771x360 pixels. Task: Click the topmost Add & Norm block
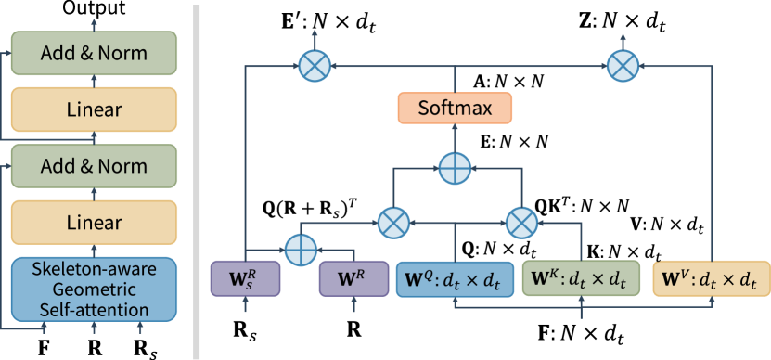point(93,53)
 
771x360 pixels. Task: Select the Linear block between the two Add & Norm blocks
point(93,109)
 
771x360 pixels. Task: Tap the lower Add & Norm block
point(93,166)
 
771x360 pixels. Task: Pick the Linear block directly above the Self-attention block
point(93,223)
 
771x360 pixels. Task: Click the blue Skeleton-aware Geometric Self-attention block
point(93,289)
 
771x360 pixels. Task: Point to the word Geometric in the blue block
point(93,289)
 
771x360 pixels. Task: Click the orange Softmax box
point(455,109)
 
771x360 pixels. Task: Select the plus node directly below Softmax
point(455,168)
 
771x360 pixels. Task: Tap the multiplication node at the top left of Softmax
point(315,65)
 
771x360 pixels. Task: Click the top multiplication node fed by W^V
point(623,65)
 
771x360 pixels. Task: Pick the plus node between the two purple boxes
point(300,249)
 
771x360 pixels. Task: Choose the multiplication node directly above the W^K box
point(520,222)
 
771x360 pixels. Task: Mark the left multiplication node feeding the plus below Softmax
point(394,222)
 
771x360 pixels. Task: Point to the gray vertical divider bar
point(196,180)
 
